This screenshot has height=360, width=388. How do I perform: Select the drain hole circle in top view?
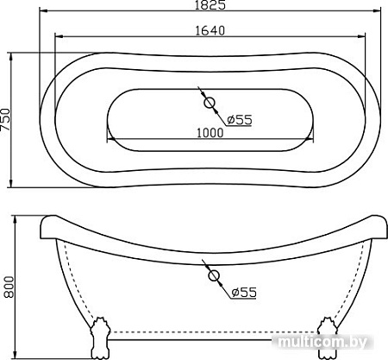(x=210, y=104)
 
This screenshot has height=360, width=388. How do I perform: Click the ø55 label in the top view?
(x=239, y=119)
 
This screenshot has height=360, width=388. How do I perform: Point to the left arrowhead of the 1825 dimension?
(x=41, y=14)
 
